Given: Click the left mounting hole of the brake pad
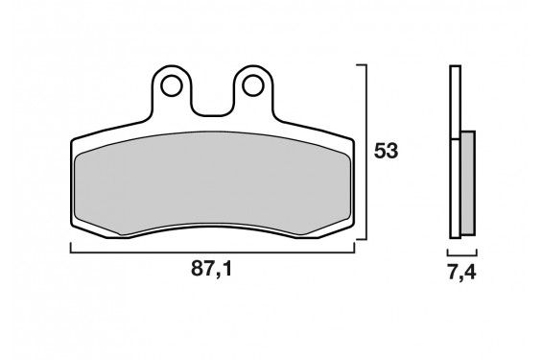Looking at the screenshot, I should (x=173, y=86).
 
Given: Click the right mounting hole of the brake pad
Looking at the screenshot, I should (x=253, y=86).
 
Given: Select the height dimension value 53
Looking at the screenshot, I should (x=386, y=152).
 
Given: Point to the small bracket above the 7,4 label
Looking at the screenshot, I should (x=461, y=252).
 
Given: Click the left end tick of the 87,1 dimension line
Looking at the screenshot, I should (x=71, y=249).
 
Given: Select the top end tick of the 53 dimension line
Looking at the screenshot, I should (x=362, y=65).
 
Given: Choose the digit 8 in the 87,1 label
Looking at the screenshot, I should (x=197, y=273).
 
